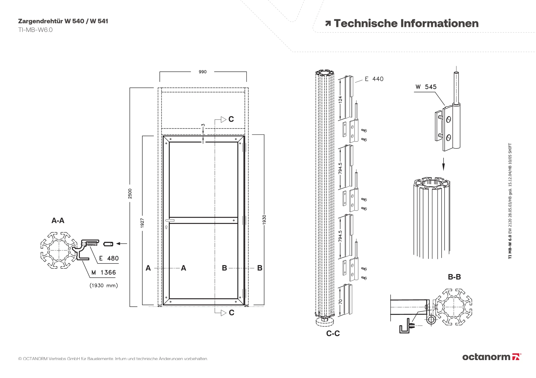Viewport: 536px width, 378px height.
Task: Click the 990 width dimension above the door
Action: (203, 72)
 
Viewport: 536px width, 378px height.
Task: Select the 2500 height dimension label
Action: (130, 193)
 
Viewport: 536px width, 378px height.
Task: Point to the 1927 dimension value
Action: (142, 223)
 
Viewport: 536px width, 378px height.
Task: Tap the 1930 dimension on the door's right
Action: (264, 220)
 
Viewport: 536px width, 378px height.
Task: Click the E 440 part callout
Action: (374, 79)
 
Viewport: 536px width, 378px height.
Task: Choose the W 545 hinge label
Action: (426, 87)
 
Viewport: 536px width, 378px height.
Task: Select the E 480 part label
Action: (109, 258)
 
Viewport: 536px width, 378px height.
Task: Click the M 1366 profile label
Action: (104, 272)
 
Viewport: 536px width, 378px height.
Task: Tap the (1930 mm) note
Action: (104, 285)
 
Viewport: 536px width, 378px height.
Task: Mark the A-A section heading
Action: (58, 220)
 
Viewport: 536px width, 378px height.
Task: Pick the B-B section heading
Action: (454, 277)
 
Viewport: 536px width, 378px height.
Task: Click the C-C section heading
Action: (333, 333)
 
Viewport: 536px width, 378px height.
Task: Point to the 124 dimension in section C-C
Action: (340, 100)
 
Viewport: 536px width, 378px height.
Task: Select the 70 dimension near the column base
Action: (340, 301)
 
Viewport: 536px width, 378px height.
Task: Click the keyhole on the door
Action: (167, 227)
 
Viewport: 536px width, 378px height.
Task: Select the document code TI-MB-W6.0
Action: (35, 30)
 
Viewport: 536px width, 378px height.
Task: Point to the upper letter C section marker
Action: (231, 119)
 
